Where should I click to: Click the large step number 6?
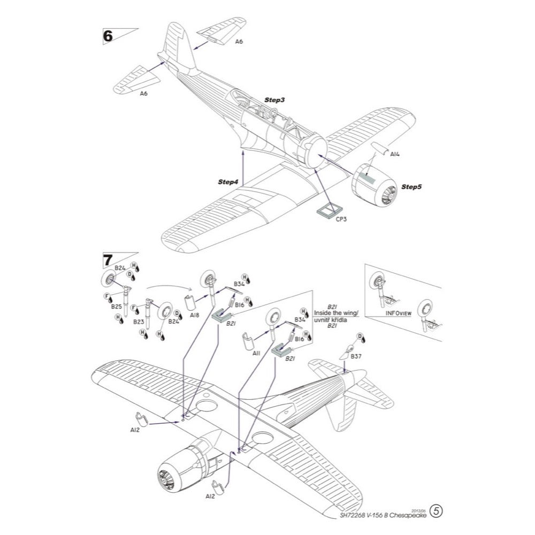coord(108,36)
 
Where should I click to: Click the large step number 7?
coord(108,261)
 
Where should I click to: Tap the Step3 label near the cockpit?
coord(274,100)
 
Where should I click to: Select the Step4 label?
coord(227,182)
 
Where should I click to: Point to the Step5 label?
coord(411,187)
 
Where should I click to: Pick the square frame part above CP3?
coord(327,209)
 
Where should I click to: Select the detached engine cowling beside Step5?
coord(374,185)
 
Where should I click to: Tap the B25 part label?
coord(117,307)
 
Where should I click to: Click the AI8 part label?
coord(194,316)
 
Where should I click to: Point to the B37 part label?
coord(356,356)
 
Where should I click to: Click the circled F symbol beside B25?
coord(107,295)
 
